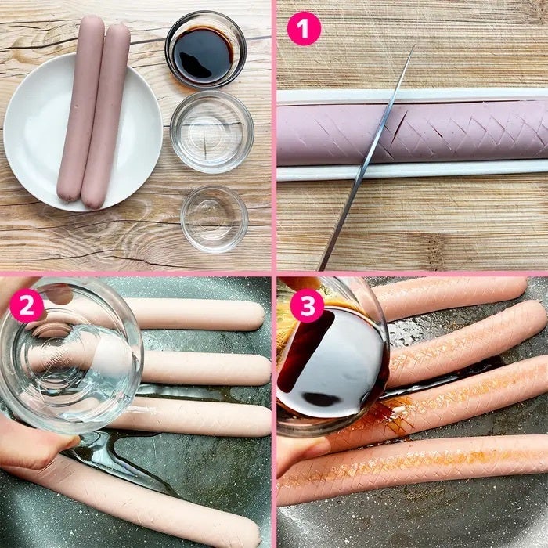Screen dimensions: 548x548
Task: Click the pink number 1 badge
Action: pos(304,29)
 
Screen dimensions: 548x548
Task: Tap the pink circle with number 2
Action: pos(27,305)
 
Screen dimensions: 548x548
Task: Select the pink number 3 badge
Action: pos(308,305)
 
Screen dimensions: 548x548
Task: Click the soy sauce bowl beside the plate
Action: pos(205,50)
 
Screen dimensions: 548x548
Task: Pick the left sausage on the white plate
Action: pos(81,108)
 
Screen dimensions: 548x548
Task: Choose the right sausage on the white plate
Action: pos(106,116)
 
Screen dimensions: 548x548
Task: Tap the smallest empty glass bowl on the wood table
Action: pos(215,218)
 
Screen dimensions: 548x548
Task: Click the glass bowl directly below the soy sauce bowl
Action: pos(212,132)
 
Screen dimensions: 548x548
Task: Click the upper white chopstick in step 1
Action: pos(413,96)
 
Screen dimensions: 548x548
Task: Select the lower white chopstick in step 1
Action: pos(413,171)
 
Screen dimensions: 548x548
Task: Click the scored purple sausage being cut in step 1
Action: pos(413,134)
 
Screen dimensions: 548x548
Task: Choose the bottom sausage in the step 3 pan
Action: pos(413,467)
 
